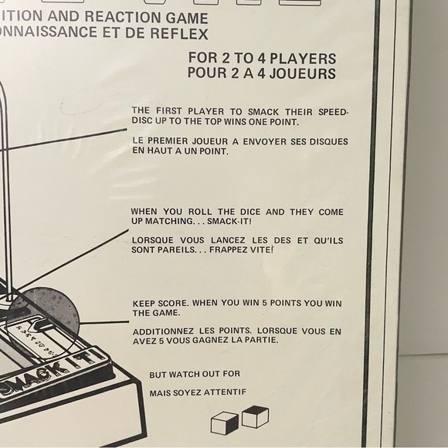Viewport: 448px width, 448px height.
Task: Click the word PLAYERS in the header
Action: [x=299, y=59]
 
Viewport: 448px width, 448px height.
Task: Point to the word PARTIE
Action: [x=260, y=340]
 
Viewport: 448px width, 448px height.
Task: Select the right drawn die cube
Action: [x=254, y=418]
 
